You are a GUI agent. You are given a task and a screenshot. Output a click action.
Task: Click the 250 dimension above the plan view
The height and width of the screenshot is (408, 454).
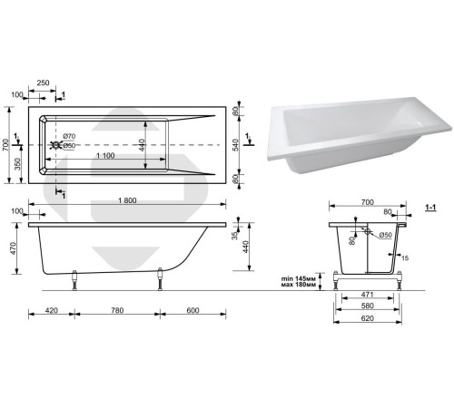pyautogui.click(x=43, y=83)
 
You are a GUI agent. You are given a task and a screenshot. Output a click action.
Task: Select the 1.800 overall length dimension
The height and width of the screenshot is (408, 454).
pyautogui.click(x=127, y=200)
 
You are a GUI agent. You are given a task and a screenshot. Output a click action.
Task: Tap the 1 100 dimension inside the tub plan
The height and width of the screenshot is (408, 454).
pyautogui.click(x=105, y=156)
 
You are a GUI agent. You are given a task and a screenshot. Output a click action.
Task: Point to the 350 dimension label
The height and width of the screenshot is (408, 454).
pyautogui.click(x=18, y=164)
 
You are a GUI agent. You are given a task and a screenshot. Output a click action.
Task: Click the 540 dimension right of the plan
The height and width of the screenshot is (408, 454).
pyautogui.click(x=236, y=145)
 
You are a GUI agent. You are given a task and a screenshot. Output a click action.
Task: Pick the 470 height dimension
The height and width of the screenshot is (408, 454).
pyautogui.click(x=14, y=248)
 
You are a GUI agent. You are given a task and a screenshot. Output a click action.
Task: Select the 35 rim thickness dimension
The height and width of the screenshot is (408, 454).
pyautogui.click(x=235, y=236)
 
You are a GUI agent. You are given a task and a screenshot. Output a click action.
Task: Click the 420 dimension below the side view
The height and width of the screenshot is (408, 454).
pyautogui.click(x=51, y=310)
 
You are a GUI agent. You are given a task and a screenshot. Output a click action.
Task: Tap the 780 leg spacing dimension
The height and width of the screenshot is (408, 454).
pyautogui.click(x=117, y=310)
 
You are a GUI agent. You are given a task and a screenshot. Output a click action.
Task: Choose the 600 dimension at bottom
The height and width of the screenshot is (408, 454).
pyautogui.click(x=192, y=310)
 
